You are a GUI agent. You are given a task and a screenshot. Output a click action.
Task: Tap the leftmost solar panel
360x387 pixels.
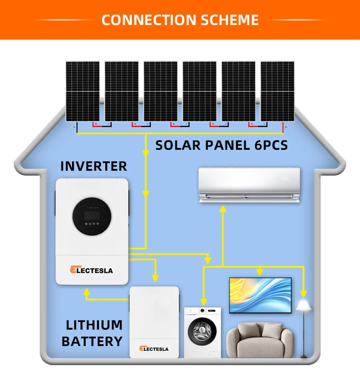[82, 91]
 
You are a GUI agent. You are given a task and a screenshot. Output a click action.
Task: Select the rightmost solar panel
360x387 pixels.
[277, 91]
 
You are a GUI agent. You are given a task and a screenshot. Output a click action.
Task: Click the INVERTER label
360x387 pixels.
[94, 166]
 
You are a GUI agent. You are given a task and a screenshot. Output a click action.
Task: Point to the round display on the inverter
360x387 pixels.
[92, 216]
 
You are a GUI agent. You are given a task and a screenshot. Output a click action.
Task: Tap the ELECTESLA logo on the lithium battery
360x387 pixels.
[154, 349]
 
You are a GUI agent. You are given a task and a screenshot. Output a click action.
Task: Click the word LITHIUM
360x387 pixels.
[94, 325]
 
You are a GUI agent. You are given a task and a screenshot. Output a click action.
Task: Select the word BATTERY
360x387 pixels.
[92, 341]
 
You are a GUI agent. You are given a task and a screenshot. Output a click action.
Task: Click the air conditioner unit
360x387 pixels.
[249, 184]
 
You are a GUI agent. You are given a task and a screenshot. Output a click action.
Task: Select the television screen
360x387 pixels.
[260, 295]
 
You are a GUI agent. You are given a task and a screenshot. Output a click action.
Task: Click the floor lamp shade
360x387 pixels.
[304, 306]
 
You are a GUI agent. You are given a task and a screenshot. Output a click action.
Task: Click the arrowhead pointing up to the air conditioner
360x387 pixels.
[222, 209]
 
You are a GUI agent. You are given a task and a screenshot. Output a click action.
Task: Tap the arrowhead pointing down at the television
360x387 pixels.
[259, 272]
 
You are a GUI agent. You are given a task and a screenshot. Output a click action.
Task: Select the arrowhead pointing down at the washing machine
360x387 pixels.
[204, 301]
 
